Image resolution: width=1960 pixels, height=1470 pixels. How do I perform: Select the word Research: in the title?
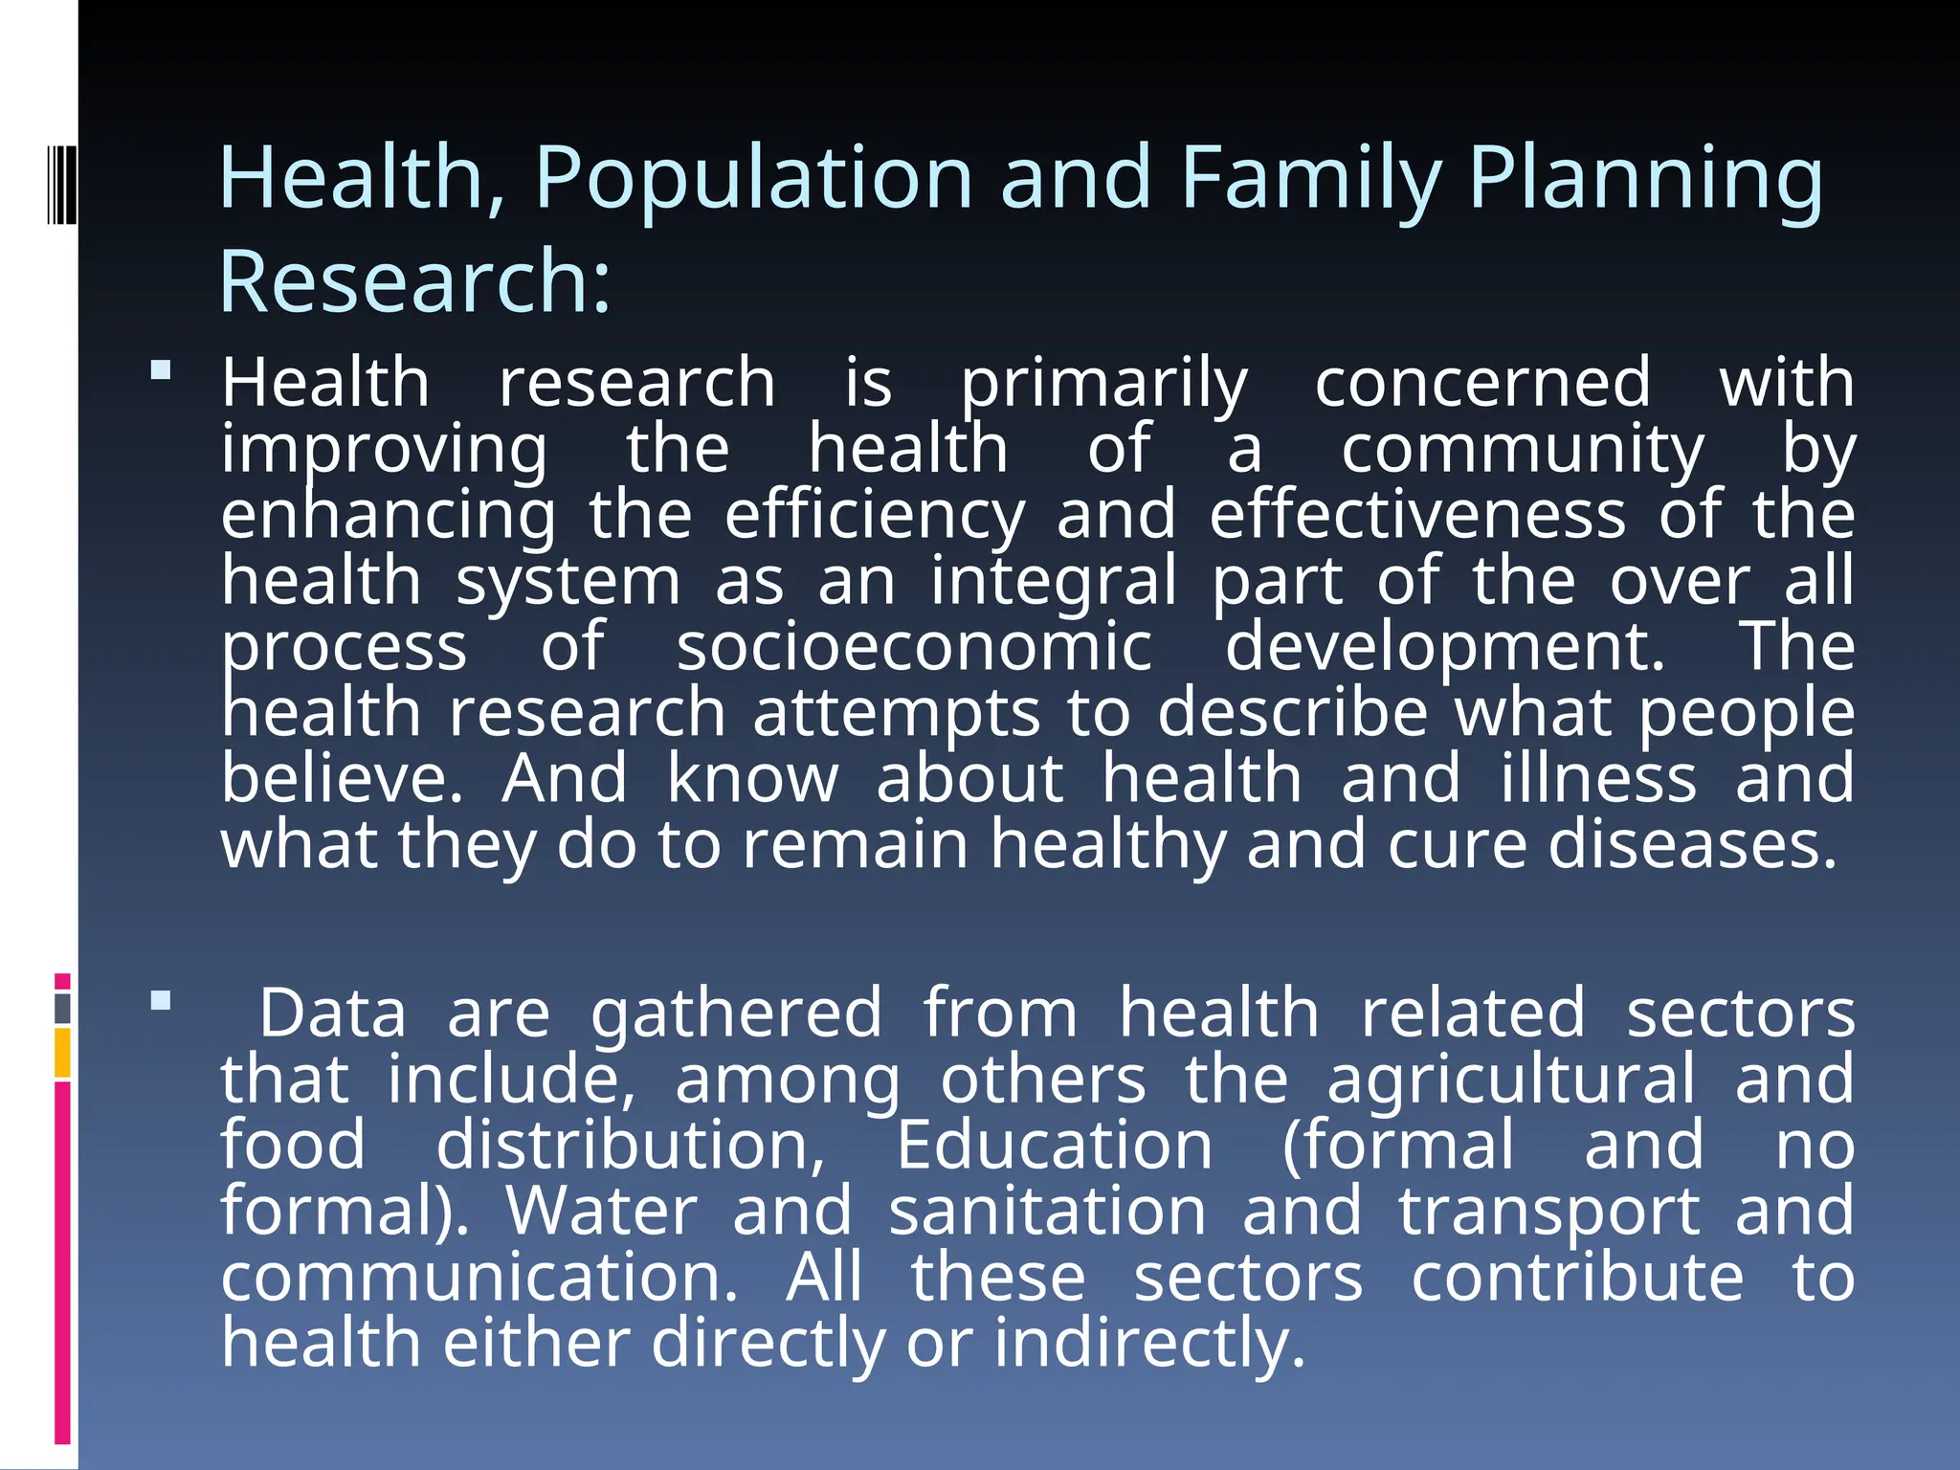(x=414, y=281)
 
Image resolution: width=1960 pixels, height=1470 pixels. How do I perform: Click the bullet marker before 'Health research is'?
(x=161, y=370)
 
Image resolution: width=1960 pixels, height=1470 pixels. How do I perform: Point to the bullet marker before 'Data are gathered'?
(x=161, y=1001)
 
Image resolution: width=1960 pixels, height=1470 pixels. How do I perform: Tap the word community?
(x=1522, y=450)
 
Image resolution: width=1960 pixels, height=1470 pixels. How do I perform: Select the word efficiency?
(x=874, y=515)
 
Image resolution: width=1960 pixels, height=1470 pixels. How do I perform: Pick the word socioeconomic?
(x=914, y=647)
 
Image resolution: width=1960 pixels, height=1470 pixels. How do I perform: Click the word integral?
(x=1053, y=581)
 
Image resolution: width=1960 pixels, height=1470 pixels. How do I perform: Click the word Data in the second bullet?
(x=333, y=1013)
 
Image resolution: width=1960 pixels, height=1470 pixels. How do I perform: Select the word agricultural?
(x=1511, y=1080)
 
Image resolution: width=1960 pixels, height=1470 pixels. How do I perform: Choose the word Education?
(x=1054, y=1146)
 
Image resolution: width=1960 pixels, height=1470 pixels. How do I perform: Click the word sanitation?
(x=1047, y=1212)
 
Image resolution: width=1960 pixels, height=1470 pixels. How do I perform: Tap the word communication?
(x=479, y=1278)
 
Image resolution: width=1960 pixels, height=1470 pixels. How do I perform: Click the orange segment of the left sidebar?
(x=63, y=1053)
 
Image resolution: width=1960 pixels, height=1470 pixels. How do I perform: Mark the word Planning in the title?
(x=1645, y=178)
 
